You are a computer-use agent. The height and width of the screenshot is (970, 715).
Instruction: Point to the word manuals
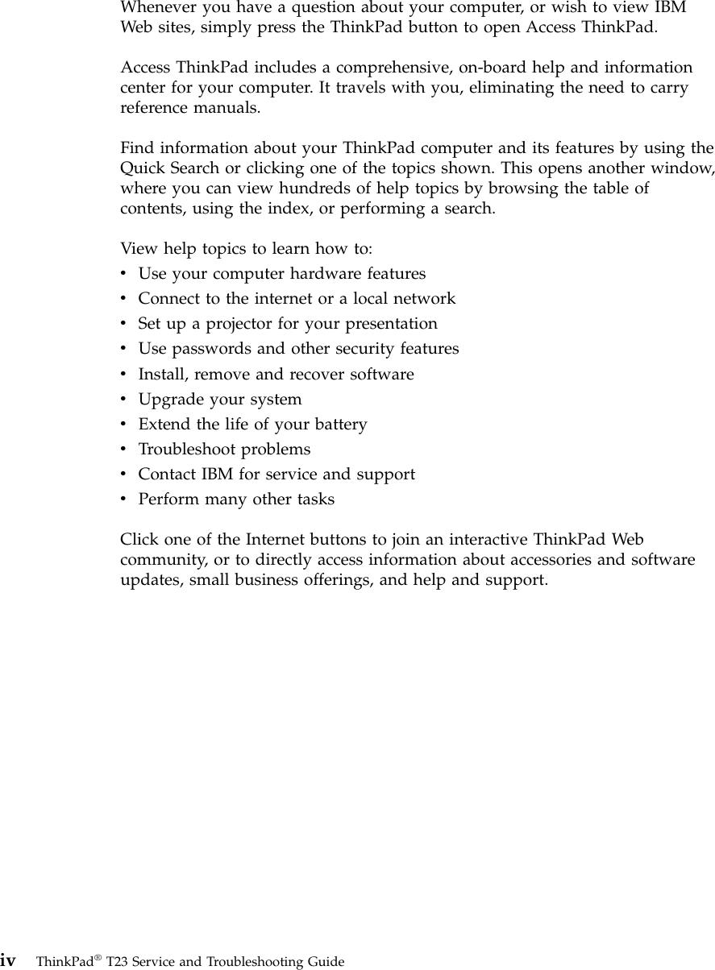coord(232,107)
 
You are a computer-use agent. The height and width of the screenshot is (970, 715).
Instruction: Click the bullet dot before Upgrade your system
coord(123,400)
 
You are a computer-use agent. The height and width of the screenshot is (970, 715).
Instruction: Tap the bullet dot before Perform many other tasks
coord(123,500)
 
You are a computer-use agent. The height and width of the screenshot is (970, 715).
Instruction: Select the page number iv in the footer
coord(9,960)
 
